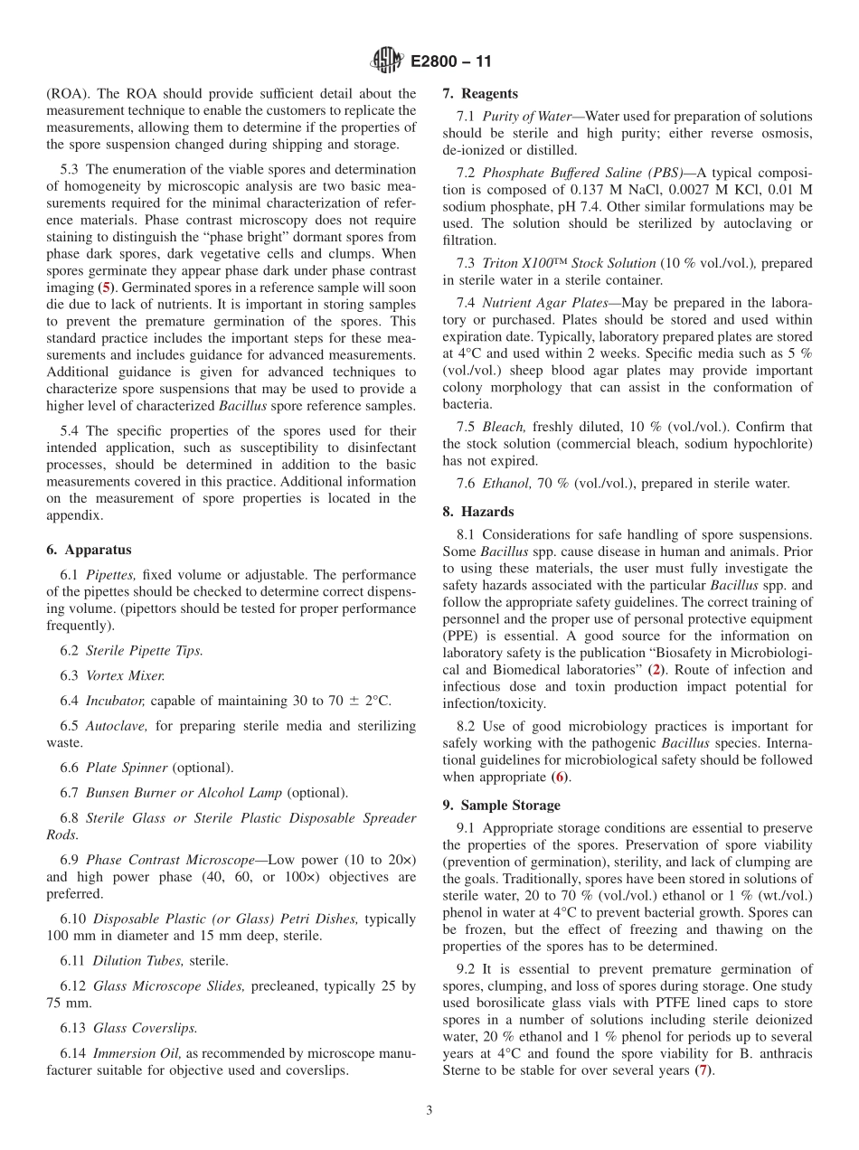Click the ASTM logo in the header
pyautogui.click(x=387, y=62)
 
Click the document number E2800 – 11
pyautogui.click(x=450, y=62)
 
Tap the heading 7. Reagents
pyautogui.click(x=480, y=93)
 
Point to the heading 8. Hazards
pyautogui.click(x=477, y=510)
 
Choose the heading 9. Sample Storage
pyautogui.click(x=501, y=805)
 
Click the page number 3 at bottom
pyautogui.click(x=429, y=1110)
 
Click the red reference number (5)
pyautogui.click(x=104, y=287)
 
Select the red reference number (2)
pyautogui.click(x=656, y=670)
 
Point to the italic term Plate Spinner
pyautogui.click(x=127, y=768)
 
